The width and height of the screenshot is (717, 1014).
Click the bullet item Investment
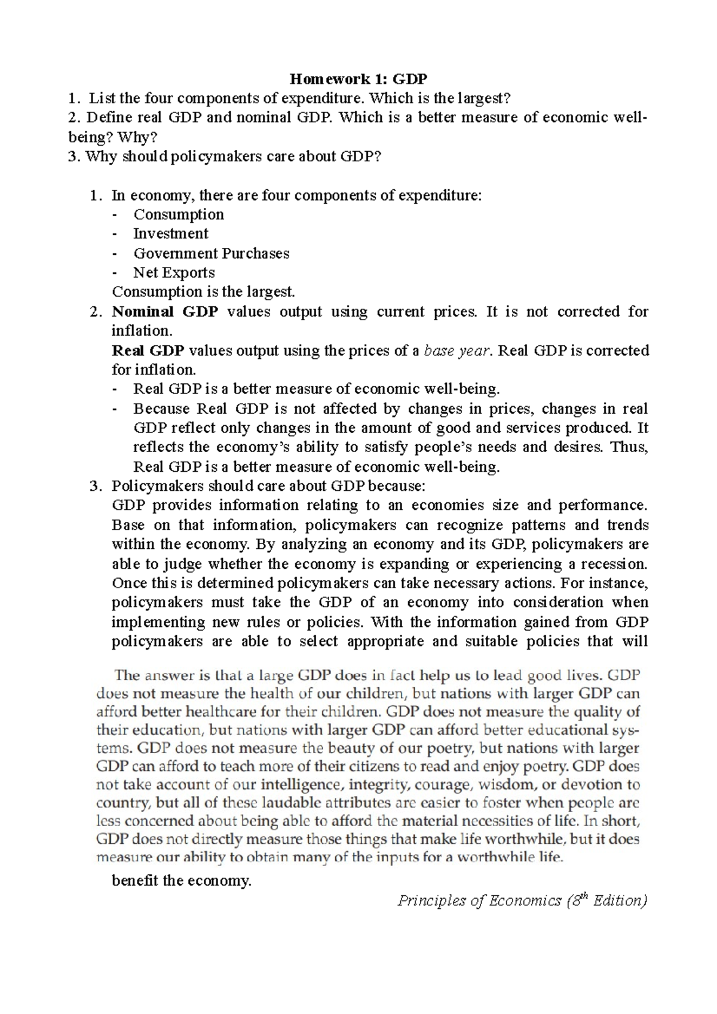point(170,233)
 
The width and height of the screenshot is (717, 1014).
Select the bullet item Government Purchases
point(211,253)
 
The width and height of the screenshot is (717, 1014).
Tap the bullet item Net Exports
point(173,272)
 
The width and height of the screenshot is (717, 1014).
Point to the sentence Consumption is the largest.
point(203,292)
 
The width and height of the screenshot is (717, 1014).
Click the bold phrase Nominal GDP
point(165,312)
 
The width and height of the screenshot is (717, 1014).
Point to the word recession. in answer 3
point(616,564)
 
